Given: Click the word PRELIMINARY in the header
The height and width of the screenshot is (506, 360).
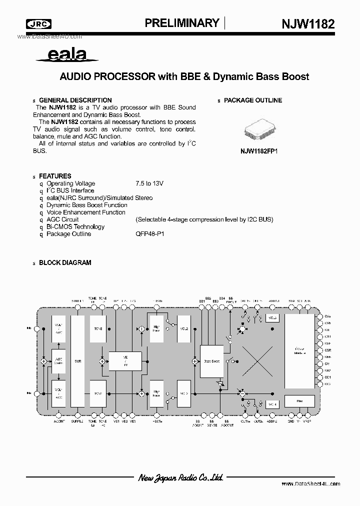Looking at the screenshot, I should click(x=182, y=23).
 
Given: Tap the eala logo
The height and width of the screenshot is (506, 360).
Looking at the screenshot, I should click(x=67, y=55).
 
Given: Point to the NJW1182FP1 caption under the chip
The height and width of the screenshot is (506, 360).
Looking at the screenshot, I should click(x=259, y=149).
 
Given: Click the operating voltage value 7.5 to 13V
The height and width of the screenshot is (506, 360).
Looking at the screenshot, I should click(x=149, y=183).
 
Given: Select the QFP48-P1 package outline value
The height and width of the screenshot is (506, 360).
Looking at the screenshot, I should click(x=149, y=234).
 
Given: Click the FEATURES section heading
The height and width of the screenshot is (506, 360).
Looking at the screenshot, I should click(x=55, y=176).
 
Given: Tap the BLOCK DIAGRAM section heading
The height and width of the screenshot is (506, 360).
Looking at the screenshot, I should click(x=64, y=262).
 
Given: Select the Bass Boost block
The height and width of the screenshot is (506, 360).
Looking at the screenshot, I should click(x=211, y=360).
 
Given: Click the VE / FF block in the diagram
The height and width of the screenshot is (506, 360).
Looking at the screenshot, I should click(x=126, y=361).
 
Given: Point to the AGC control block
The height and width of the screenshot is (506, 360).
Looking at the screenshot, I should click(x=58, y=361).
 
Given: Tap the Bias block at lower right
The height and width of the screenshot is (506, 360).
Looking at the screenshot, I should click(x=299, y=401).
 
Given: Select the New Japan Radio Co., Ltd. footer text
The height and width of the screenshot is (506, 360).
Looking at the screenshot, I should click(x=180, y=477).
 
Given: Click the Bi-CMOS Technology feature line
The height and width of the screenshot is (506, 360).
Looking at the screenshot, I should click(x=75, y=226).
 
